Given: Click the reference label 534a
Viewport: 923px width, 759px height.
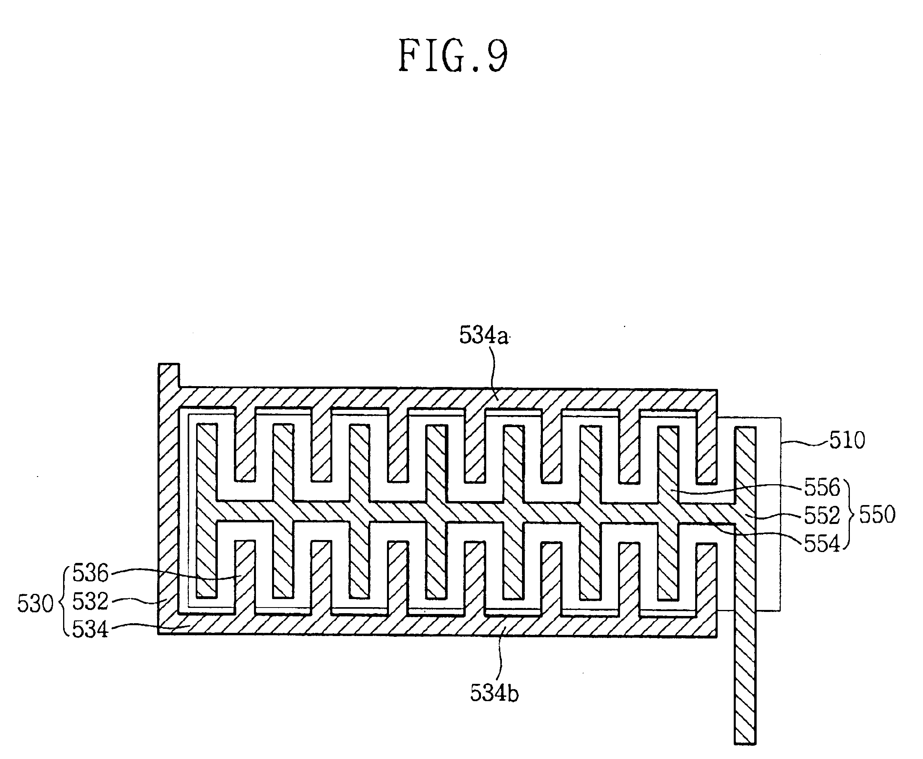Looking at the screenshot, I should pos(483,336).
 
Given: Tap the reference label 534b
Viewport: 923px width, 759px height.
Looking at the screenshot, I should pos(494,693).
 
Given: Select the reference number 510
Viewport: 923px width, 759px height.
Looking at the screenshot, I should pos(847,440).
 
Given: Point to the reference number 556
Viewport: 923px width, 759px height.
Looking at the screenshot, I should pos(822,487).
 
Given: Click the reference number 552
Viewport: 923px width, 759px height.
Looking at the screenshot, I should pos(822,516).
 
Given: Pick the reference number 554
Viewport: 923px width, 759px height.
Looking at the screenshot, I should pos(822,544).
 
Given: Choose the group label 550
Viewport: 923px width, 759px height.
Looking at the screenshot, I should pos(877,515).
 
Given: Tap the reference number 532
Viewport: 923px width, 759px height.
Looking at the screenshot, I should pos(90,601).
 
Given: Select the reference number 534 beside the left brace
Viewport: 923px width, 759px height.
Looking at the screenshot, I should pos(90,630).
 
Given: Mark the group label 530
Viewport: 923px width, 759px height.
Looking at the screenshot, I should pos(35,604).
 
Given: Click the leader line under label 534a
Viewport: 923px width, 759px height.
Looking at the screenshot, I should pos(495,372).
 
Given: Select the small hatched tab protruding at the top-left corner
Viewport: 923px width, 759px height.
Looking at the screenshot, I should pos(169,375).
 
